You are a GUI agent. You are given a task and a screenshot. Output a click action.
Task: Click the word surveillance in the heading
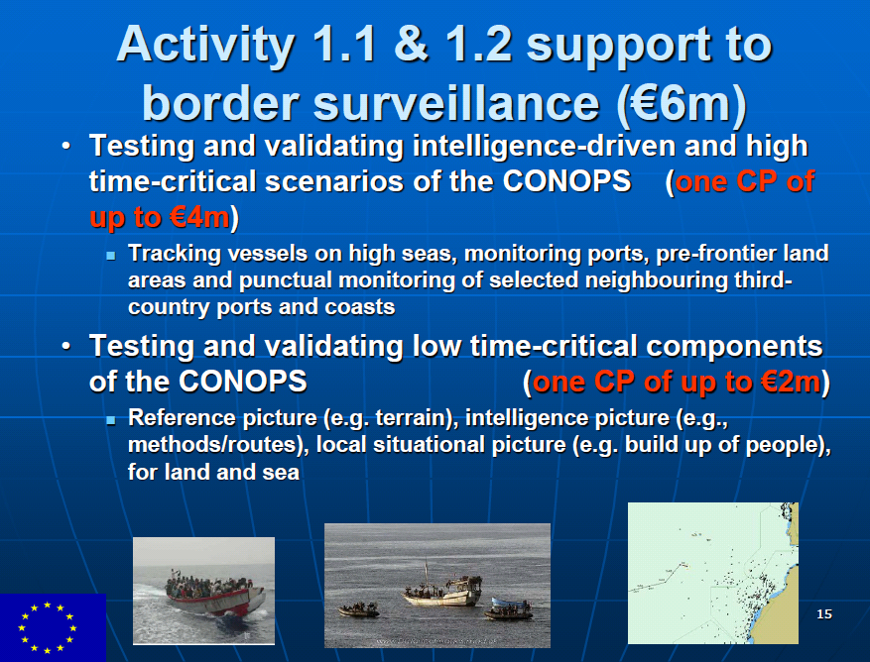[x=456, y=104]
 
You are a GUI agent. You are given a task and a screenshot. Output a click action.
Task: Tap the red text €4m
[x=199, y=217]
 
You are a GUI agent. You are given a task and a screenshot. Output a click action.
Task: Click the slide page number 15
[x=824, y=613]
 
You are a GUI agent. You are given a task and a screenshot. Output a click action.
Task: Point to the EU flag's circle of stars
[x=48, y=627]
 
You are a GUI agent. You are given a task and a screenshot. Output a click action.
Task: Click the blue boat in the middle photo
[x=508, y=608]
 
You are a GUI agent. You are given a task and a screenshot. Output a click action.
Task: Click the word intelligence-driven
[x=544, y=147]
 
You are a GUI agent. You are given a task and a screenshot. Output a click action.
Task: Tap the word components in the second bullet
[x=734, y=347]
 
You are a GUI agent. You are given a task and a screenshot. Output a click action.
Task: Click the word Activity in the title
[x=205, y=46]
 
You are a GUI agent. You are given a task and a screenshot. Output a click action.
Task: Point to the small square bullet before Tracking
[x=111, y=256]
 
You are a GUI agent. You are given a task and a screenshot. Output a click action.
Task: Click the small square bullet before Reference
[x=111, y=420]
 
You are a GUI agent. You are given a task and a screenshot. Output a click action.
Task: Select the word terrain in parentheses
[x=411, y=418]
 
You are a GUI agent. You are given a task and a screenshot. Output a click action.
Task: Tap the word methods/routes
[x=214, y=445]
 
